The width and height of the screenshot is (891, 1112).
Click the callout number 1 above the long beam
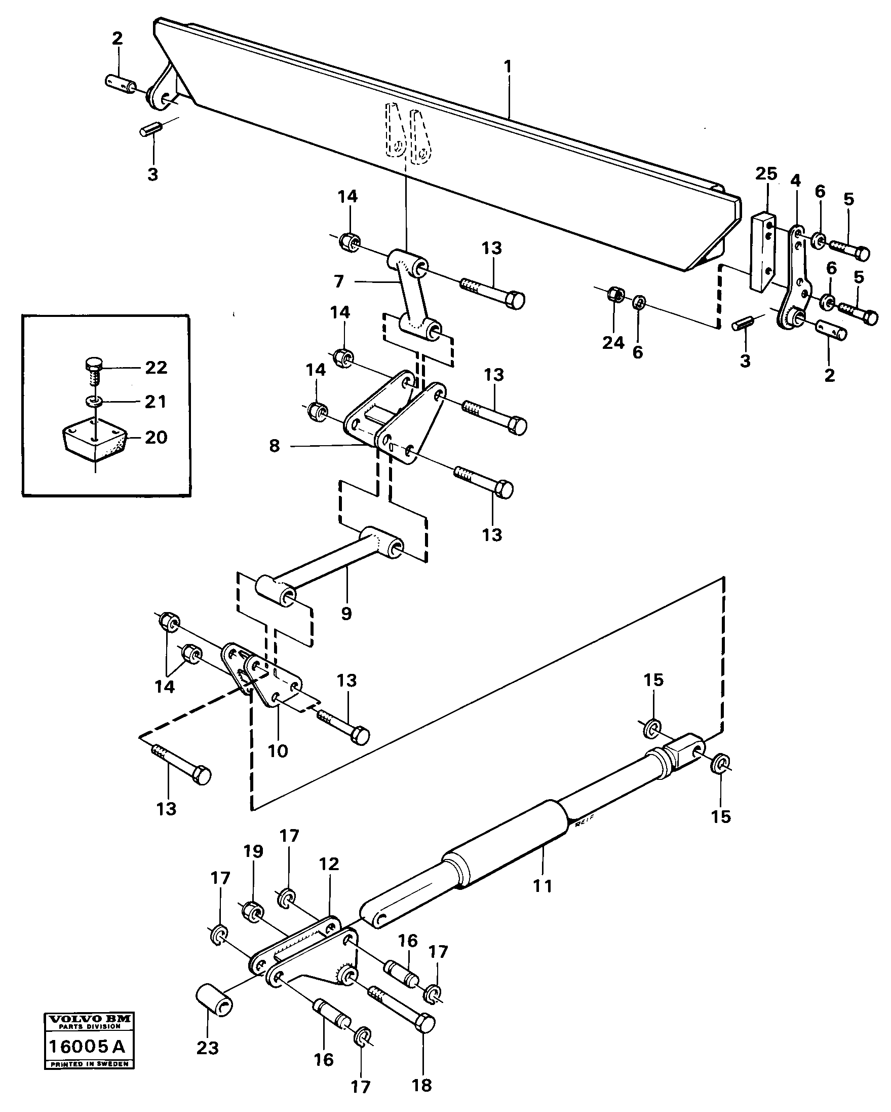pyautogui.click(x=508, y=67)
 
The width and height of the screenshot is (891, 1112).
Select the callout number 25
pyautogui.click(x=766, y=174)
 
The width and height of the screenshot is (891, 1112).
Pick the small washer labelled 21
pyautogui.click(x=93, y=401)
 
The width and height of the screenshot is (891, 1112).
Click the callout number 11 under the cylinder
pyautogui.click(x=543, y=886)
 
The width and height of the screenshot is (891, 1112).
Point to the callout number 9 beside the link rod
pyautogui.click(x=346, y=613)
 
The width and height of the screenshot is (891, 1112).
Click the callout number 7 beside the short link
pyautogui.click(x=338, y=281)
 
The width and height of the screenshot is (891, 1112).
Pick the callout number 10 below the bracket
pyautogui.click(x=278, y=751)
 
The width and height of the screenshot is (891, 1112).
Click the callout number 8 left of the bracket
pyautogui.click(x=274, y=446)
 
